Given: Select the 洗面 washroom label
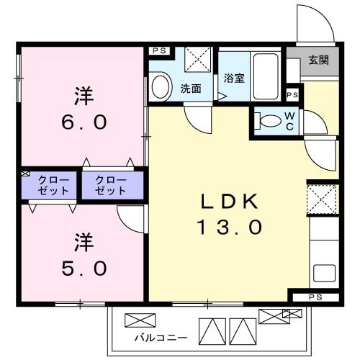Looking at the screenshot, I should click(191, 89).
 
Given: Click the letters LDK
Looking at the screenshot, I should click(229, 202).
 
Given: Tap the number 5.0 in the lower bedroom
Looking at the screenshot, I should click(84, 268).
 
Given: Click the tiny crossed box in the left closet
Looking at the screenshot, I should click(24, 174).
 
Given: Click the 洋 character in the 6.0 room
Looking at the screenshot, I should click(84, 95).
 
